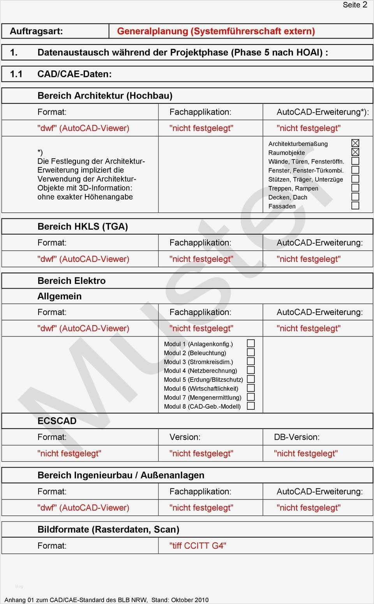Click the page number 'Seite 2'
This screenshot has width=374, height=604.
[x=355, y=5]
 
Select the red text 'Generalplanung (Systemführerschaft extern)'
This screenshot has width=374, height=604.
[x=216, y=31]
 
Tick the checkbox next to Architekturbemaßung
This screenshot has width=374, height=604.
[x=355, y=143]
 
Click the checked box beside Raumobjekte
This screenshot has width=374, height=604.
[x=355, y=152]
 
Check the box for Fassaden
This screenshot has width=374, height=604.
[x=355, y=205]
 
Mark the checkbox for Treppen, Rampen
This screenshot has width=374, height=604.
[x=355, y=188]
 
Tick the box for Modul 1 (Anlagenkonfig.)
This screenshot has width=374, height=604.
[x=251, y=343]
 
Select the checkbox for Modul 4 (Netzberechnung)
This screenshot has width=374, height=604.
[x=251, y=370]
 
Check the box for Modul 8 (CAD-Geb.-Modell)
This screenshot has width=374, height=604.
[x=251, y=406]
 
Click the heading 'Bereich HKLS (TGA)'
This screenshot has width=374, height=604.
[x=83, y=227]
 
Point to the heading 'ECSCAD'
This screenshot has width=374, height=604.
[x=57, y=421]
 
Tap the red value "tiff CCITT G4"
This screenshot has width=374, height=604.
[x=198, y=546]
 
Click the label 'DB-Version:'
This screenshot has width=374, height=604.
[x=296, y=437]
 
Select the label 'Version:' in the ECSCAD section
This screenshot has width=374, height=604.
[x=185, y=437]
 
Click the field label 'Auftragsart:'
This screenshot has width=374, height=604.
[x=36, y=31]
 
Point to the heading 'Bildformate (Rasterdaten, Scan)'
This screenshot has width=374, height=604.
[x=108, y=530]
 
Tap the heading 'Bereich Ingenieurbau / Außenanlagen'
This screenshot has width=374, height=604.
[x=121, y=475]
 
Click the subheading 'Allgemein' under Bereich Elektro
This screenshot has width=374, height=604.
[x=60, y=296]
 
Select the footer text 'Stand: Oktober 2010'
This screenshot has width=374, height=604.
[x=180, y=600]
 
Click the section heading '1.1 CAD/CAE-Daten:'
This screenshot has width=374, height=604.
[x=61, y=74]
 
